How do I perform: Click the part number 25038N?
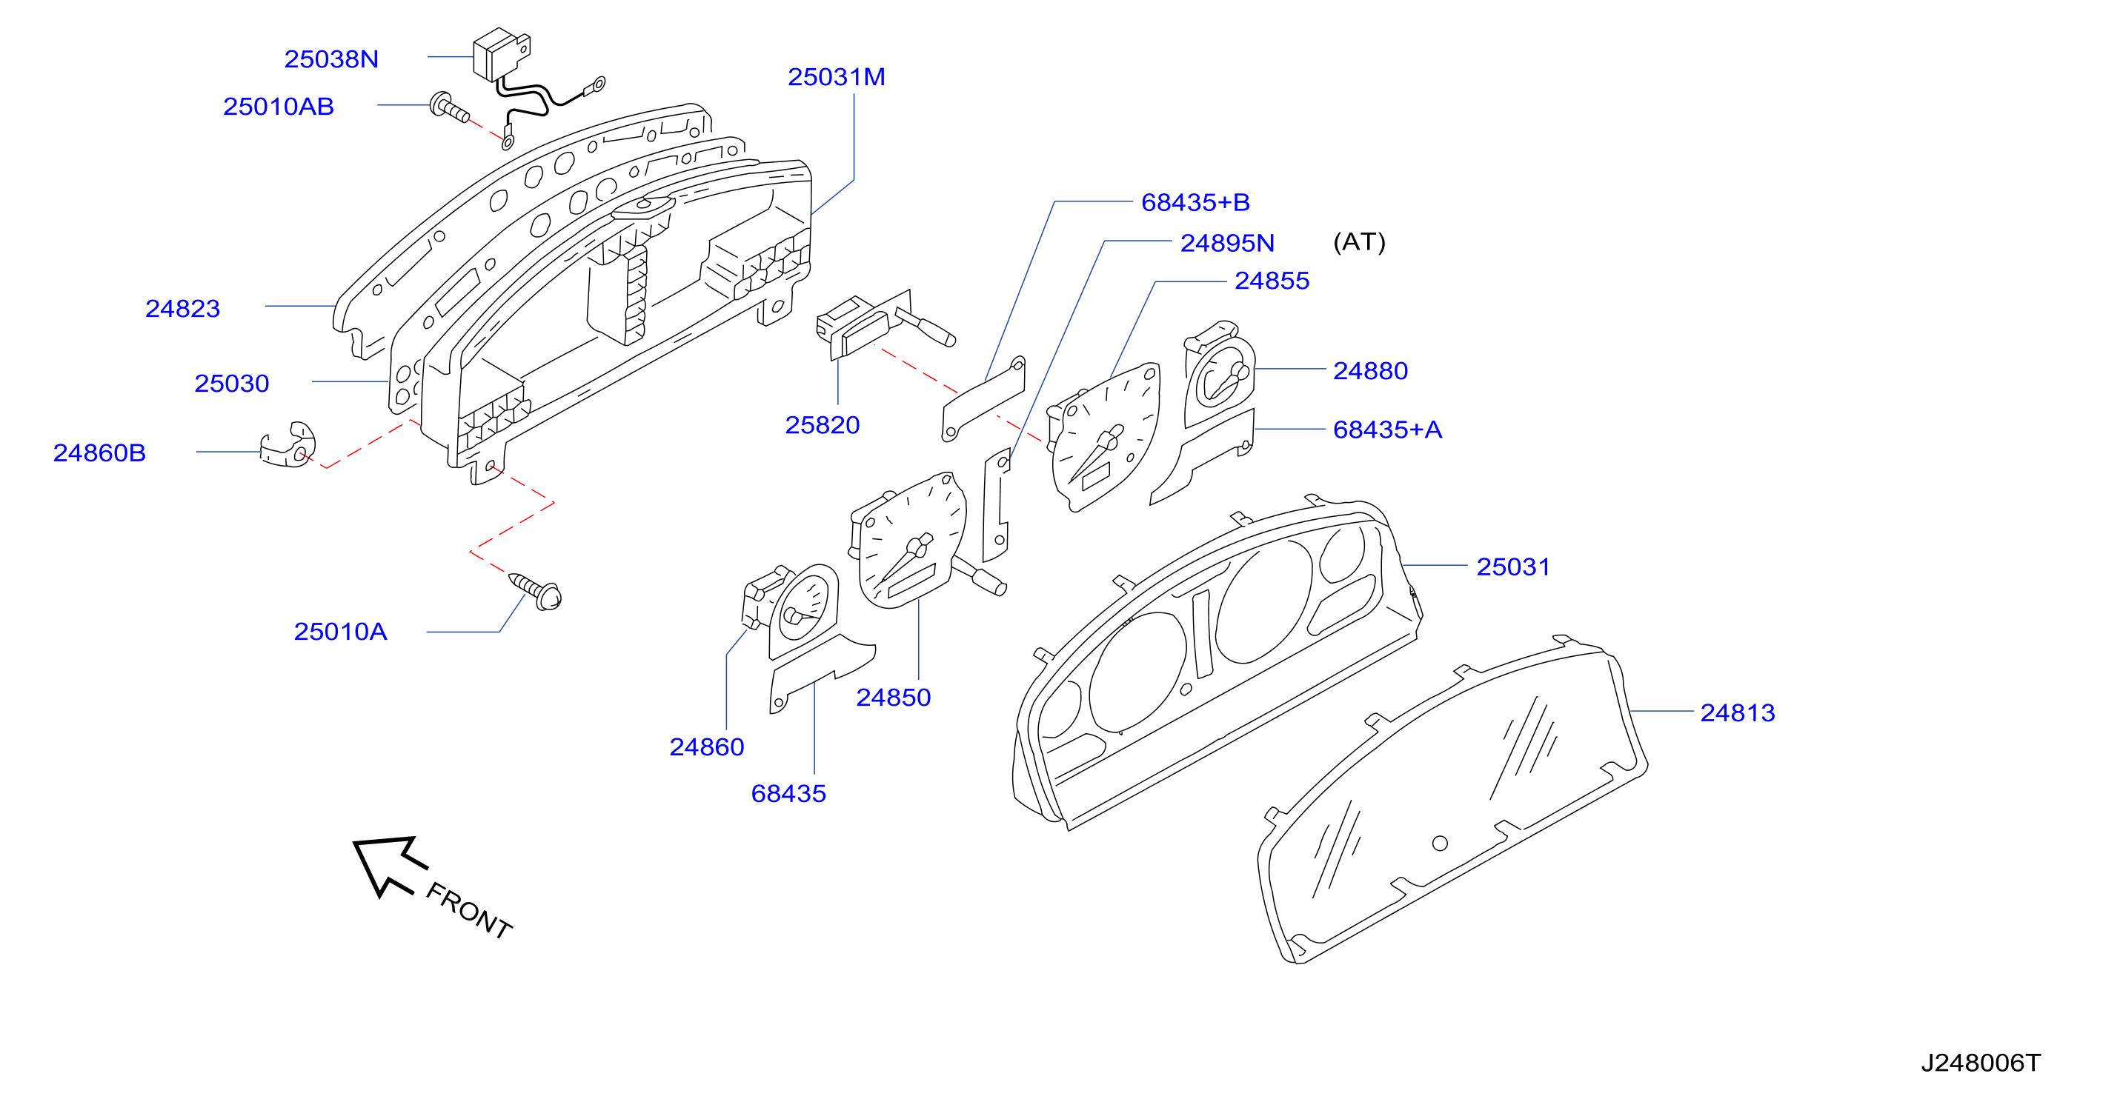[x=331, y=59]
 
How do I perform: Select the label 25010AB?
[x=279, y=107]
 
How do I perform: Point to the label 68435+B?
[x=1195, y=202]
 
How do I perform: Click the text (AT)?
[x=1359, y=241]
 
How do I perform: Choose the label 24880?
[x=1371, y=371]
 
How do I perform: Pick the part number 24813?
[x=1737, y=712]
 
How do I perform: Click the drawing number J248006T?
[x=1981, y=1063]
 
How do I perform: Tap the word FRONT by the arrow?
[x=469, y=910]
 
